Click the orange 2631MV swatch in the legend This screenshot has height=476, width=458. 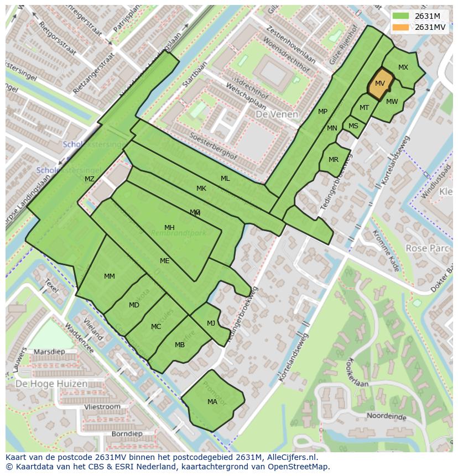coord(402,27)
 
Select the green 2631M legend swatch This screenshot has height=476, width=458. coord(402,16)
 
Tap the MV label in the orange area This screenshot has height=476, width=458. coord(380,83)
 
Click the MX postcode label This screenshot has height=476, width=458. coord(403,67)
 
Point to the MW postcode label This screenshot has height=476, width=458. coord(392,102)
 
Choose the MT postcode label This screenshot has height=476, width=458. coord(365,108)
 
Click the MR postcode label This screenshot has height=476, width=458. coord(334,160)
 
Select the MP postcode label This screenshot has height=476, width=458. coord(323,112)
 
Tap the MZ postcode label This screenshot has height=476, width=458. coord(90,179)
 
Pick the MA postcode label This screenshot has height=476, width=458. coord(212,402)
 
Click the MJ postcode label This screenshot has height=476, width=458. coord(211,323)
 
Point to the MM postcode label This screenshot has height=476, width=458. coord(110,276)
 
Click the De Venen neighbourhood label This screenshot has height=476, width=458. coord(277,114)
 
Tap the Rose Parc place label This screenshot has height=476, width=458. coord(428,248)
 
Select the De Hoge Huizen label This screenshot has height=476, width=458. coord(51,384)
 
